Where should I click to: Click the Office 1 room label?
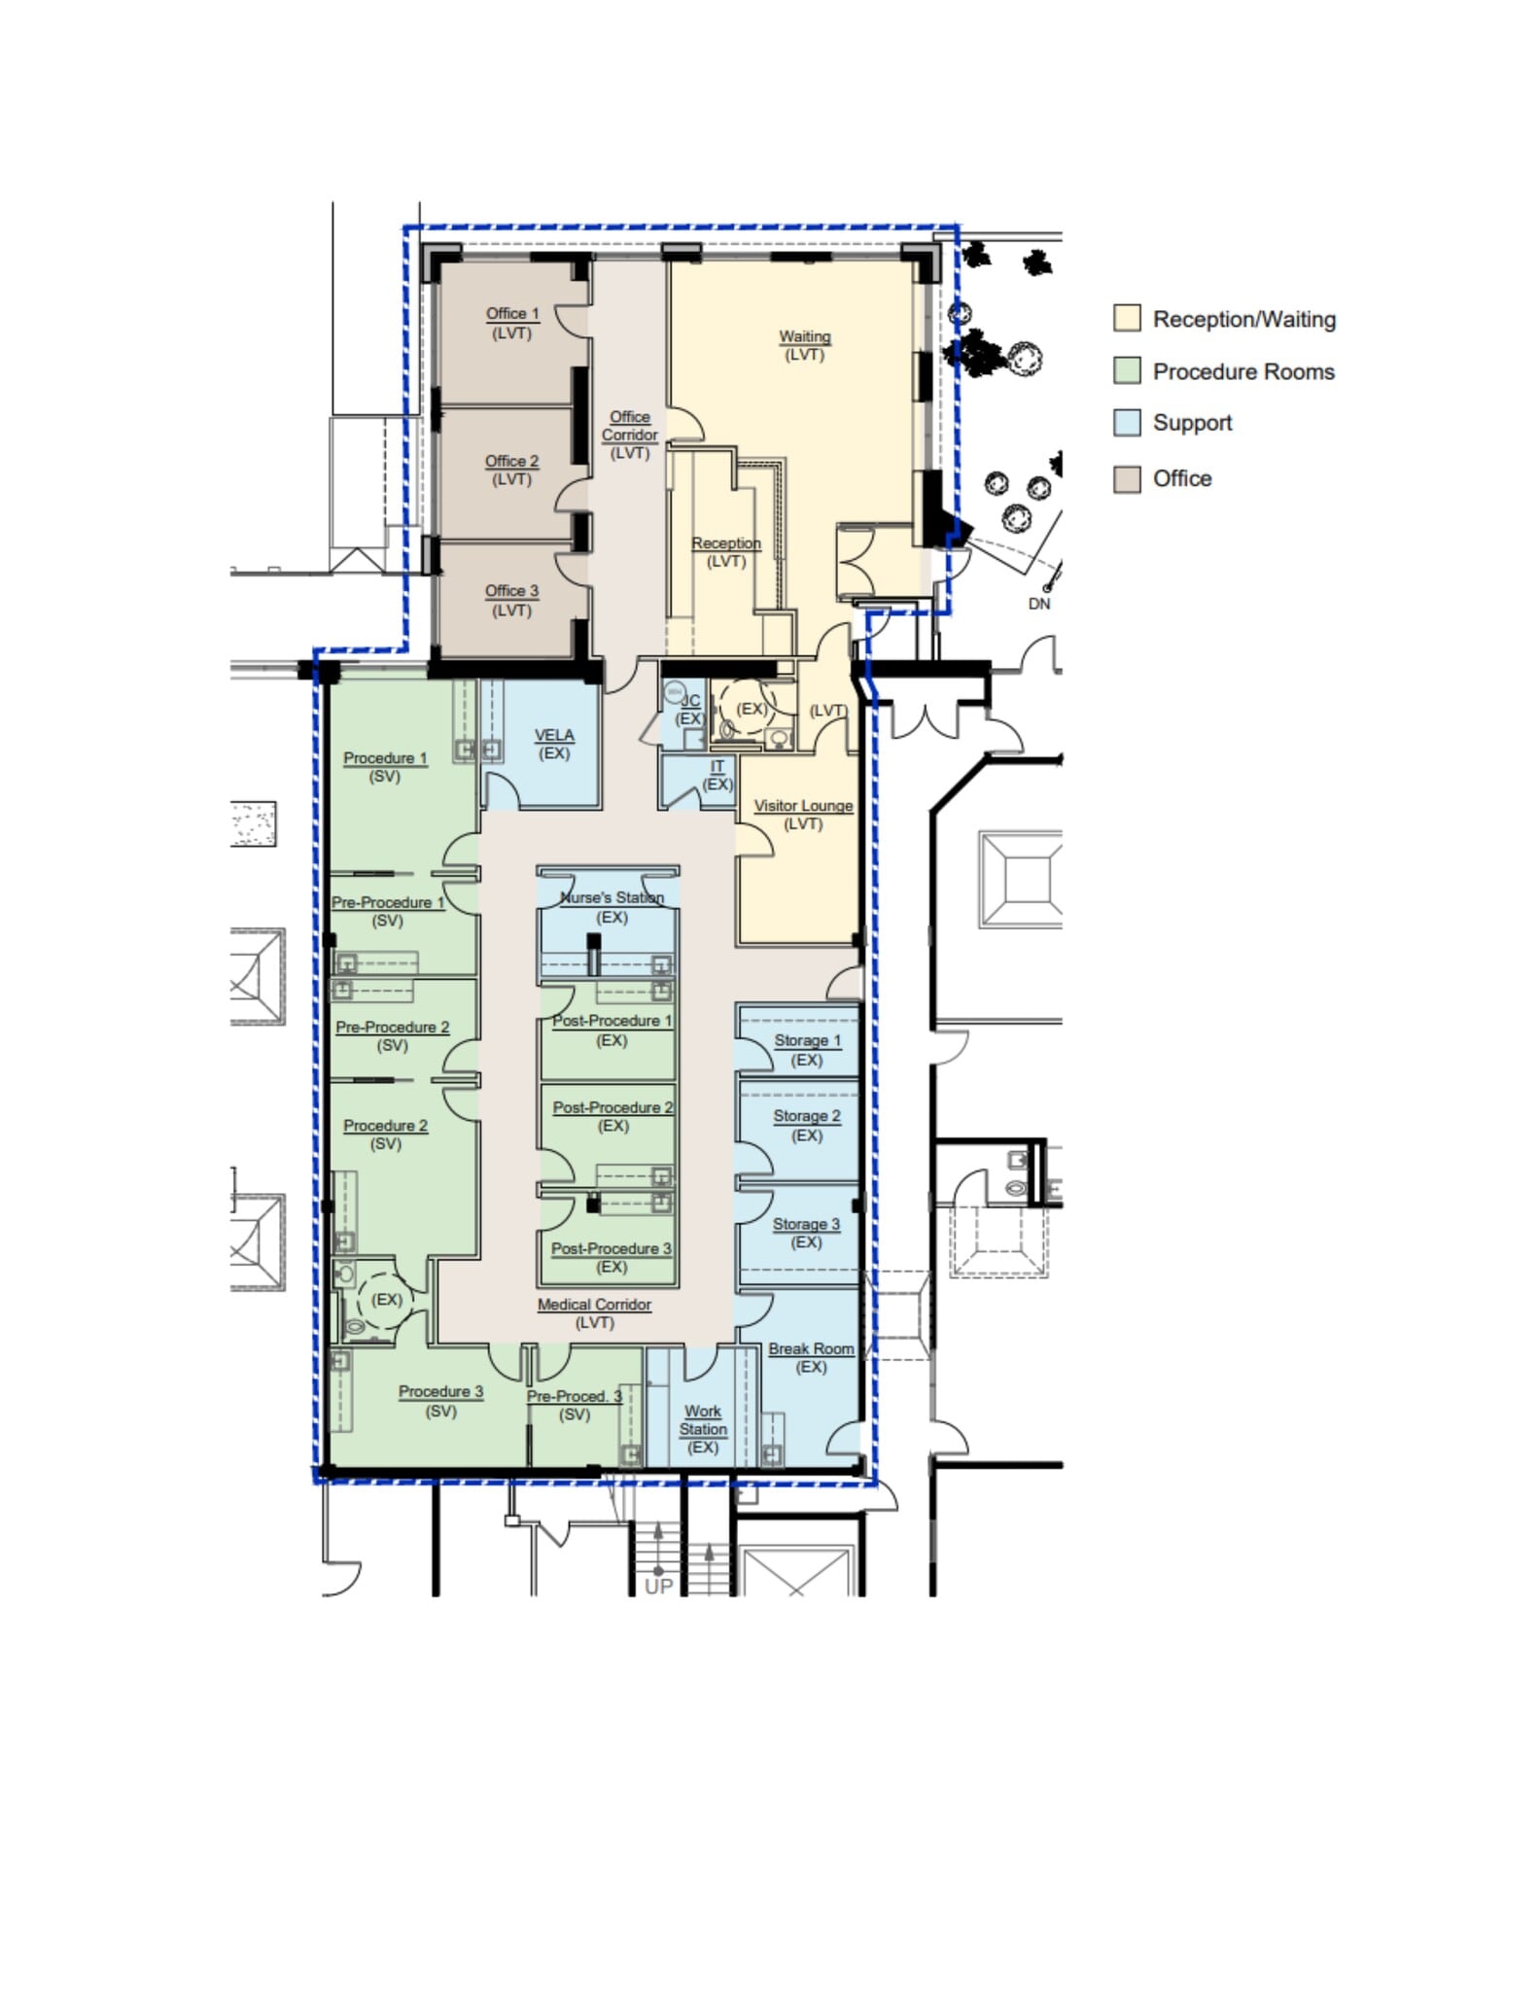tap(511, 314)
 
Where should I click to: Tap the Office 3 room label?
tap(511, 591)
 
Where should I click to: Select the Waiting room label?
tap(804, 337)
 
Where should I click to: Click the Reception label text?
tap(725, 543)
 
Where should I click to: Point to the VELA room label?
tap(554, 736)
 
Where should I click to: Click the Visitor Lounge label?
tap(803, 806)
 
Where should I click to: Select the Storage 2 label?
tap(806, 1116)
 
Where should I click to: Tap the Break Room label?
tap(811, 1349)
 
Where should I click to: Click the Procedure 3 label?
tap(440, 1392)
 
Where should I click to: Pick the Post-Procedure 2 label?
tap(612, 1108)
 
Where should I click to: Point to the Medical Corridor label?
tap(594, 1305)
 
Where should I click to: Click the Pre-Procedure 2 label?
tap(392, 1028)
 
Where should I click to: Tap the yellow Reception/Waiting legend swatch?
tap(1127, 319)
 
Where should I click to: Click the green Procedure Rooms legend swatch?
tap(1127, 371)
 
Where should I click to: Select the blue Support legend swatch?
tap(1127, 423)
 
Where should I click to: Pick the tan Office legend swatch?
tap(1127, 478)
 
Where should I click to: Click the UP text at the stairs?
tap(658, 1586)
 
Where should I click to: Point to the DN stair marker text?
tap(1038, 604)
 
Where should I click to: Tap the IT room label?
tap(717, 767)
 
